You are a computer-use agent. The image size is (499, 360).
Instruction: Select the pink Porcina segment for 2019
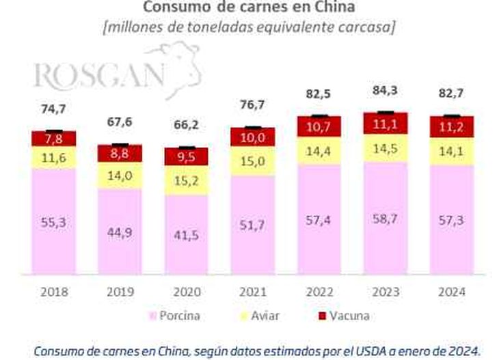(x=120, y=232)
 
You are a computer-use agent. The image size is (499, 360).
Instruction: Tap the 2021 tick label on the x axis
(x=253, y=292)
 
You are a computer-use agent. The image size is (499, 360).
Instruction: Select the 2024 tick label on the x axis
(x=452, y=292)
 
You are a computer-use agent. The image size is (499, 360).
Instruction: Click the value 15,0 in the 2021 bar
(x=253, y=163)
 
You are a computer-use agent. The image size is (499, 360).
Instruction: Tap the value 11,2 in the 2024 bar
(x=452, y=127)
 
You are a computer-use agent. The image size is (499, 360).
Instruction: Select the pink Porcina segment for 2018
(x=54, y=222)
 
